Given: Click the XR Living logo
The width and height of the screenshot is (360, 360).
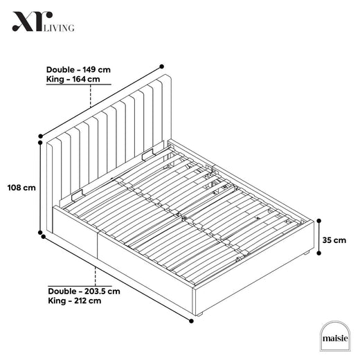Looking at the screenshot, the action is tap(44, 21).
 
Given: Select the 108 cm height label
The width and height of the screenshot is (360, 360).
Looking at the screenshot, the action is tap(21, 188).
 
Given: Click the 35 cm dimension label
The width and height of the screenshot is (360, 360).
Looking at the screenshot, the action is tap(334, 240).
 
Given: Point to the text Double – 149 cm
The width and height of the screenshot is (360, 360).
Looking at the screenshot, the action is tap(78, 69).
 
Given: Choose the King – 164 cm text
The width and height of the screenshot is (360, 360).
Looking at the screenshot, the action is tap(73, 79).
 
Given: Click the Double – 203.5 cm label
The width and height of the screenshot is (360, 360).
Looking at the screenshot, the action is tap(84, 291).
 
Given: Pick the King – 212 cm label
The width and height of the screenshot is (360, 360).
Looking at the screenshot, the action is tap(75, 300).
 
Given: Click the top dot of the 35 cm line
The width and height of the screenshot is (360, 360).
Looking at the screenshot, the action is tap(319, 221).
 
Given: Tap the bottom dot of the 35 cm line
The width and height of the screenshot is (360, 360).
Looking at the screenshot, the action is tap(319, 253).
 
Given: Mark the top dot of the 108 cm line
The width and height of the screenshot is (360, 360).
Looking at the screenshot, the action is tap(40, 143).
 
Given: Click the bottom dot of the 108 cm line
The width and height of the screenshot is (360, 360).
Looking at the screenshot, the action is tap(40, 233).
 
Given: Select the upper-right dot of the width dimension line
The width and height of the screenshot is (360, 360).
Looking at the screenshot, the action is tap(162, 66).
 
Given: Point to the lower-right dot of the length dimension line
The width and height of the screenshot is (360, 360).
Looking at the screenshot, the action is tap(191, 321).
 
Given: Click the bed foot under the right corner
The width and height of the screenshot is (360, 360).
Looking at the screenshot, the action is tap(306, 253).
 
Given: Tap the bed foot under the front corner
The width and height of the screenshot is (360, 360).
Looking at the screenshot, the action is tap(199, 314).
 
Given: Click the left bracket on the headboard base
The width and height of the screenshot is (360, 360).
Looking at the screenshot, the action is tap(78, 196).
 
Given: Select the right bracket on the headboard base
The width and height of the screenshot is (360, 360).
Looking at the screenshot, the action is tap(147, 155).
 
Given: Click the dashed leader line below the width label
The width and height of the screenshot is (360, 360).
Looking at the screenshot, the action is tap(91, 96).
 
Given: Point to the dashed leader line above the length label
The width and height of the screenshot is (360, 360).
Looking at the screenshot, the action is tap(96, 276).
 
